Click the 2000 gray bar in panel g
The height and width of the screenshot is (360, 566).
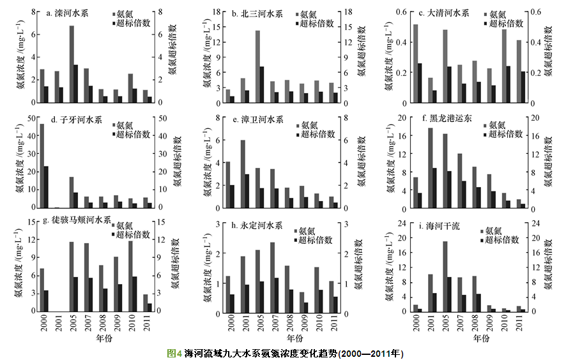tap(42, 290)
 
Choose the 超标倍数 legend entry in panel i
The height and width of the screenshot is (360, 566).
tap(501, 241)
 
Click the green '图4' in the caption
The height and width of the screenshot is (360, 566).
tap(174, 353)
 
